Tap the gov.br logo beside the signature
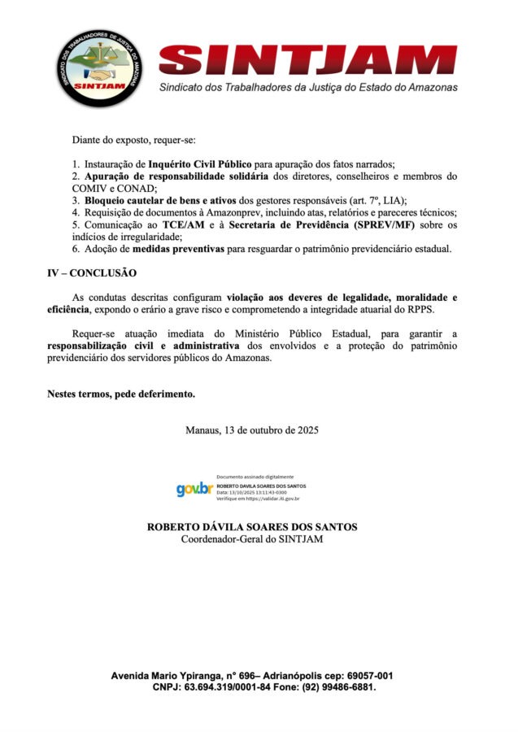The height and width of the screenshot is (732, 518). (194, 489)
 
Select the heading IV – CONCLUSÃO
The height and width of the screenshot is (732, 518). (92, 272)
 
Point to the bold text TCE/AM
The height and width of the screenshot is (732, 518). (186, 224)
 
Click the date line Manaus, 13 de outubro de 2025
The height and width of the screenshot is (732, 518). (252, 429)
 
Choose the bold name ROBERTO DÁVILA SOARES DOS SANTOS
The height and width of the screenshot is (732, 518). (252, 527)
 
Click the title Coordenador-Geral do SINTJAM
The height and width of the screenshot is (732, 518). (252, 539)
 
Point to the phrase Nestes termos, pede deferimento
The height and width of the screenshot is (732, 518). (121, 394)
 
